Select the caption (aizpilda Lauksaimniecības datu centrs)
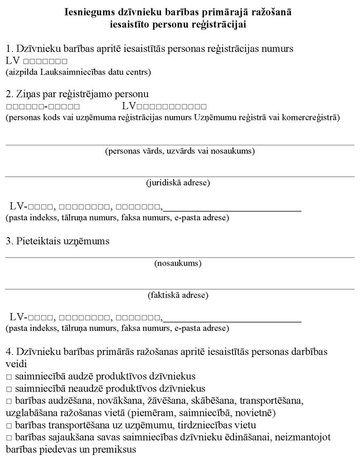pyautogui.click(x=78, y=72)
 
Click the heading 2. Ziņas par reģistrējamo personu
pyautogui.click(x=77, y=94)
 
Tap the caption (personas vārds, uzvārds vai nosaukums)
pyautogui.click(x=179, y=151)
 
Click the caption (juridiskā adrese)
pyautogui.click(x=178, y=182)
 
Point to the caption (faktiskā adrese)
pyautogui.click(x=178, y=295)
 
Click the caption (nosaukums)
pyautogui.click(x=178, y=264)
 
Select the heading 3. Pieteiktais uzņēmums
pyautogui.click(x=58, y=240)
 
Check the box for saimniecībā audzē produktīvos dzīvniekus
pyautogui.click(x=9, y=377)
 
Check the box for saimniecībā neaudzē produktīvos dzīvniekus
pyautogui.click(x=9, y=389)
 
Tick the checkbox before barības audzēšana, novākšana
pyautogui.click(x=9, y=401)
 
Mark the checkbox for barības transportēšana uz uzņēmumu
pyautogui.click(x=9, y=425)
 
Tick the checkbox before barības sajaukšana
pyautogui.click(x=9, y=437)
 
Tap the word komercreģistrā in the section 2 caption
pyautogui.click(x=313, y=117)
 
